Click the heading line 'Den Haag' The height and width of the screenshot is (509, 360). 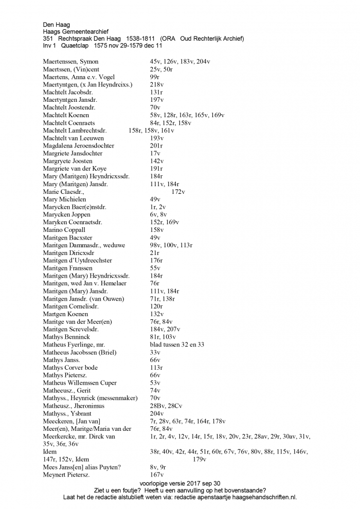click(x=57, y=24)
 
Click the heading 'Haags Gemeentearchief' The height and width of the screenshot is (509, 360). click(x=76, y=31)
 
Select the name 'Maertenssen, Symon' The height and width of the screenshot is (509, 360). click(x=71, y=62)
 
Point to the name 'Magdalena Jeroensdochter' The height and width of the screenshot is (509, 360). click(x=79, y=146)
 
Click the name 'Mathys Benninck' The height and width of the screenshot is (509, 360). click(x=67, y=337)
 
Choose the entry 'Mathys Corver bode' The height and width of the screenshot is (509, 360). click(x=70, y=368)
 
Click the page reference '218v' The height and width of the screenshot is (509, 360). click(x=157, y=85)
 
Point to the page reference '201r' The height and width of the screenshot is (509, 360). click(x=156, y=146)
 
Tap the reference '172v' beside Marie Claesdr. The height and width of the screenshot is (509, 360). click(x=178, y=192)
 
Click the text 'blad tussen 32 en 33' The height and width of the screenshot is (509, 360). click(x=177, y=344)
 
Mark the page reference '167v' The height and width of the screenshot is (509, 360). click(x=157, y=475)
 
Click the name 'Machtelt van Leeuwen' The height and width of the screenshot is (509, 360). click(x=74, y=138)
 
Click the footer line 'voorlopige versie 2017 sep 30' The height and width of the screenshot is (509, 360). click(x=179, y=483)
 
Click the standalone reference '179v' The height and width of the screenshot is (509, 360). click(x=200, y=459)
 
